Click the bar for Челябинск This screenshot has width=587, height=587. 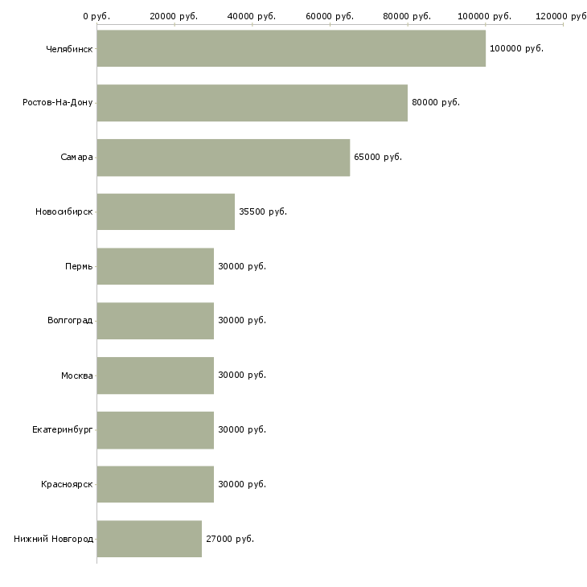click(x=291, y=48)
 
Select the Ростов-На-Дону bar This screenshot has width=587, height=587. click(x=252, y=103)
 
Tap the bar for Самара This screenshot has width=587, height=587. click(x=224, y=158)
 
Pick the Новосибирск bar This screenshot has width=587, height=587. click(x=166, y=212)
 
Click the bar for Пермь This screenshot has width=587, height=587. click(x=155, y=266)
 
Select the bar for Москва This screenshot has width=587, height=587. click(x=155, y=376)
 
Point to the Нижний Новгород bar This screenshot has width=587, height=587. click(x=150, y=539)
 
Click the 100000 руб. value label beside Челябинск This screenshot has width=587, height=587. click(x=516, y=49)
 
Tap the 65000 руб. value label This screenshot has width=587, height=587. click(x=378, y=158)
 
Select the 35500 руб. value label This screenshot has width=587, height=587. click(x=263, y=212)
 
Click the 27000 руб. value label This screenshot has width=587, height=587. click(x=230, y=539)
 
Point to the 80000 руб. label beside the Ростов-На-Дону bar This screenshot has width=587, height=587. click(x=436, y=103)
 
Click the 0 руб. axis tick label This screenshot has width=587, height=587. click(x=96, y=16)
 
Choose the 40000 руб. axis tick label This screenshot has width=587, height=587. click(x=252, y=16)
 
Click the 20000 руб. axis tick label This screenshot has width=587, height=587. click(x=174, y=16)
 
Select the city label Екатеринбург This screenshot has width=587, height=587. click(x=63, y=429)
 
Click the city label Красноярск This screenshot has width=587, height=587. click(x=67, y=484)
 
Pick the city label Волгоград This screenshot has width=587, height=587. click(x=70, y=321)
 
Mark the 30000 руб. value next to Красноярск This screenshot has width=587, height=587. click(x=242, y=484)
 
